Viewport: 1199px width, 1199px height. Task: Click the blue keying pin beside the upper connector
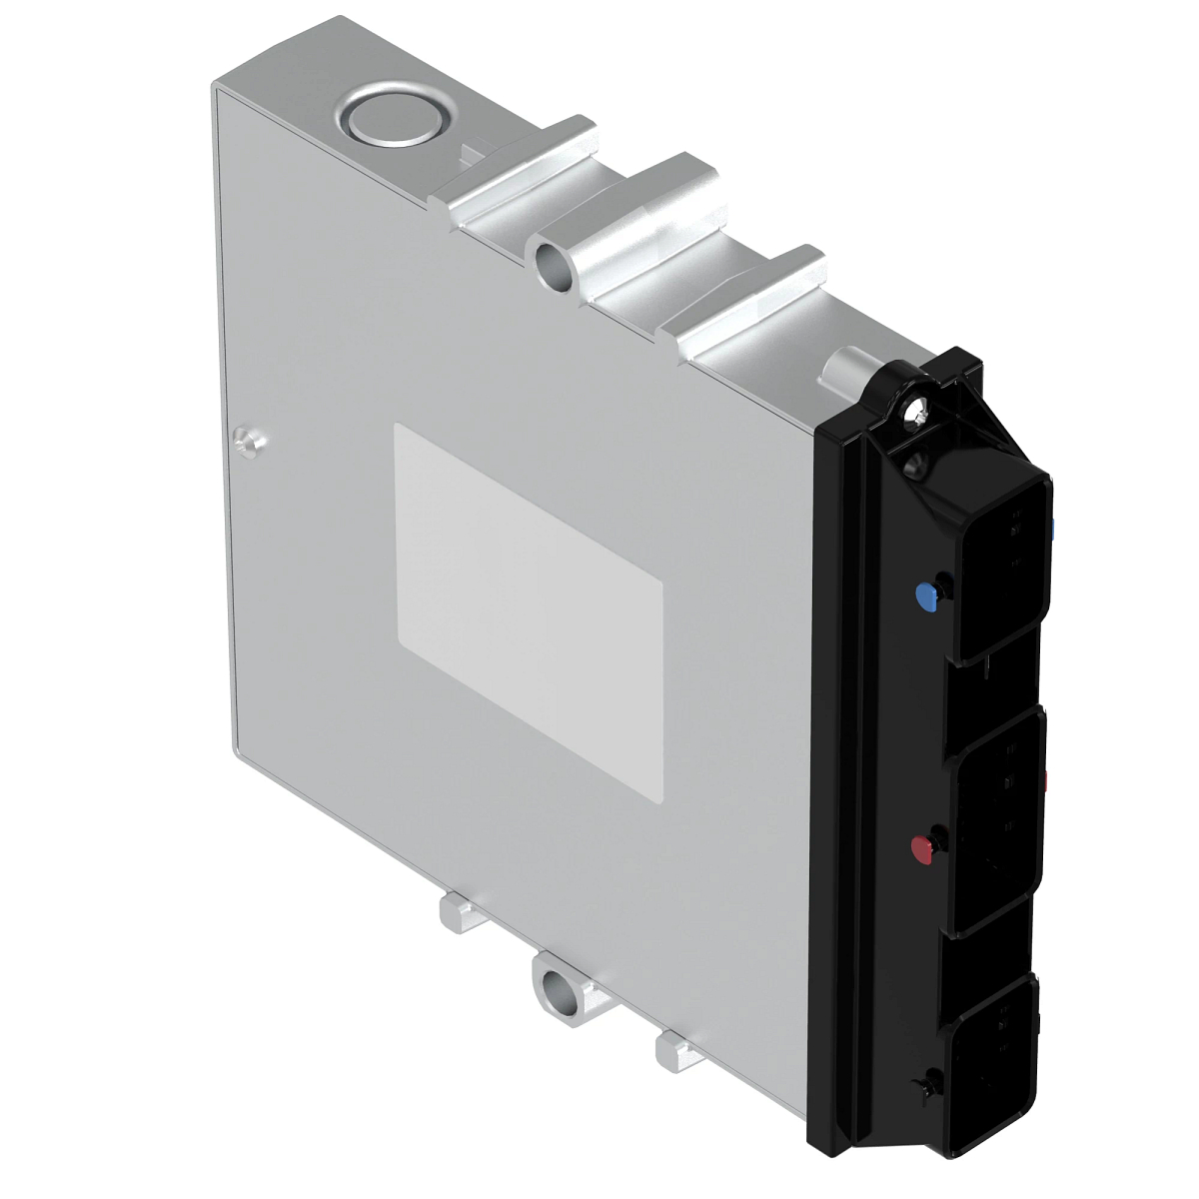click(927, 597)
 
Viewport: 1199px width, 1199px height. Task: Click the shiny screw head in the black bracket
click(915, 409)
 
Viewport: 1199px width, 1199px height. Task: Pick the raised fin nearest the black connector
click(749, 300)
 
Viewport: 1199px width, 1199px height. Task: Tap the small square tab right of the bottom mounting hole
click(675, 1050)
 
